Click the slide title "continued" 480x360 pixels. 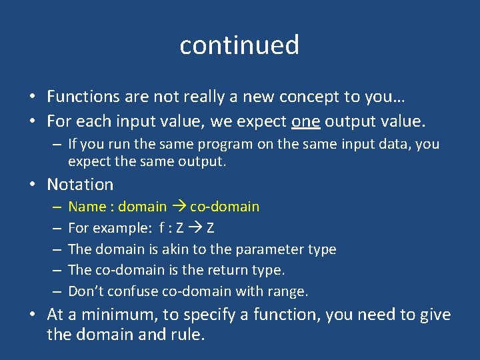click(x=239, y=45)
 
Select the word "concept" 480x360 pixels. click(x=304, y=97)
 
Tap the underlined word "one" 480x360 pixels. click(x=307, y=122)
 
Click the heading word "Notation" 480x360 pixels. click(x=80, y=184)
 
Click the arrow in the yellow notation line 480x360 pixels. click(x=179, y=207)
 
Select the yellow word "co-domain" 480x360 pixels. click(x=225, y=207)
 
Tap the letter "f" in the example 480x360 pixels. click(x=162, y=228)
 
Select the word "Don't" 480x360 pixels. click(x=85, y=291)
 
